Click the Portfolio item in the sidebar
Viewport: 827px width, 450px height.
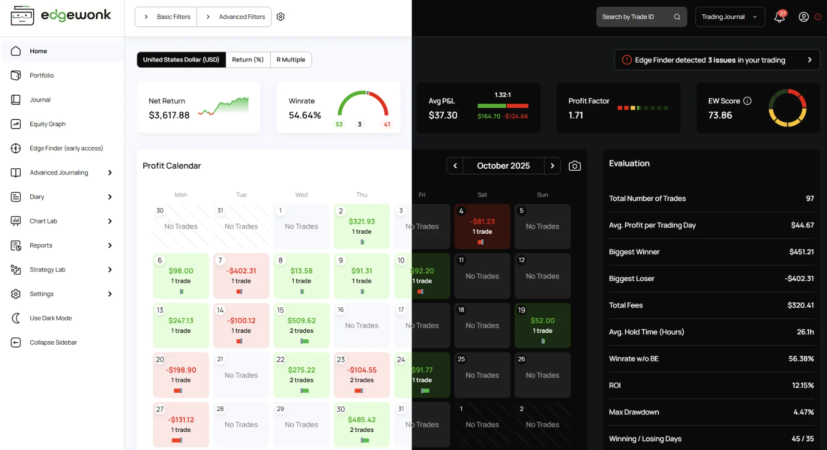click(41, 75)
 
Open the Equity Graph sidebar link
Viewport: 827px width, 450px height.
click(47, 124)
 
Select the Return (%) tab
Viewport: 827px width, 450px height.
click(248, 60)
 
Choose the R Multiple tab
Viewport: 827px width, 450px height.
click(291, 60)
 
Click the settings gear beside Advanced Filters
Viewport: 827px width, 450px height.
click(281, 17)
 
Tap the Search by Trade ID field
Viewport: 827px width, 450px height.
click(641, 17)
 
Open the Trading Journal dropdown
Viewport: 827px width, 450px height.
click(730, 17)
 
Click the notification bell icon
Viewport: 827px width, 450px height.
click(779, 17)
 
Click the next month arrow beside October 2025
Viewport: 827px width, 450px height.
click(552, 166)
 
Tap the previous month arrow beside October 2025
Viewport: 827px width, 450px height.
click(455, 166)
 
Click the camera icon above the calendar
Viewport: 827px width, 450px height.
click(575, 166)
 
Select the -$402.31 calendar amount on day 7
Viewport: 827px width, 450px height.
click(241, 271)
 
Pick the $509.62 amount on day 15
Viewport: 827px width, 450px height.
click(301, 320)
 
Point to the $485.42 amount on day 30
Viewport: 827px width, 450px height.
click(362, 420)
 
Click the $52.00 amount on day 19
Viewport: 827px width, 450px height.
click(542, 320)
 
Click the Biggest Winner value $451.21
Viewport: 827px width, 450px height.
click(802, 252)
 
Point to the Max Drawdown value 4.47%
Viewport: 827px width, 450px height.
click(803, 412)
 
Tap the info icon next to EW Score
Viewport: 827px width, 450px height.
click(747, 101)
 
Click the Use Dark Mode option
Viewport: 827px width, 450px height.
click(50, 318)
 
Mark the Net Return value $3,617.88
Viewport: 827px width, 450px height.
click(169, 115)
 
